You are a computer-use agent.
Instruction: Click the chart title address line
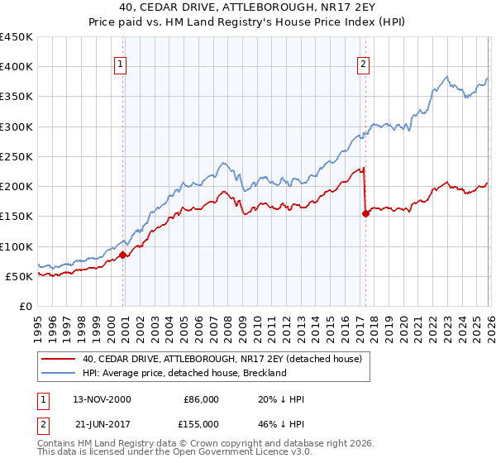[247, 7]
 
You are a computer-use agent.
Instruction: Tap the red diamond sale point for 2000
[123, 255]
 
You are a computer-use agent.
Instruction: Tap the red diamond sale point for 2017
[365, 213]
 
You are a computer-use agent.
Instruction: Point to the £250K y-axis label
[16, 156]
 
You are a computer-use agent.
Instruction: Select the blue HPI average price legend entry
[184, 373]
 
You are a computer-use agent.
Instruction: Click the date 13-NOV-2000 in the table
[101, 399]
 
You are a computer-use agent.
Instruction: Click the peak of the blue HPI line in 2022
[446, 78]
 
